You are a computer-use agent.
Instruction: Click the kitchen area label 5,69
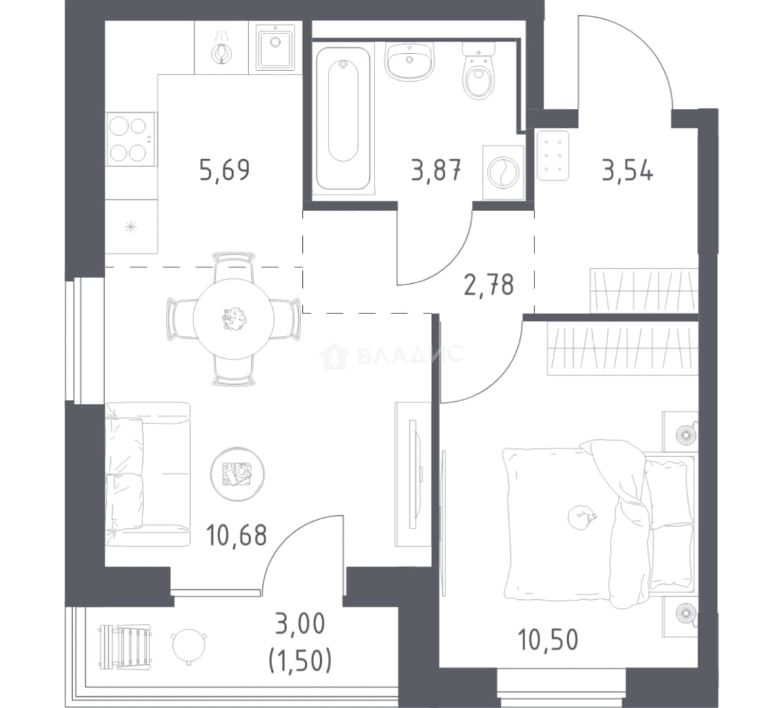click(x=224, y=170)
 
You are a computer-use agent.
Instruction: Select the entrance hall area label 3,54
click(x=627, y=170)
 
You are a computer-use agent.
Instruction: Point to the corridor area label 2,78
click(x=489, y=285)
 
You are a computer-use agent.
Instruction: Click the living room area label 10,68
click(x=237, y=535)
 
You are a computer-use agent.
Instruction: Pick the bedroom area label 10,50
click(x=548, y=640)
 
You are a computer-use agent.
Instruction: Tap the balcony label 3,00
click(x=300, y=624)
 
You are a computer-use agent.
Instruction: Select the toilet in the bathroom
click(x=478, y=70)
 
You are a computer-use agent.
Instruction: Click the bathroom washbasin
click(x=409, y=61)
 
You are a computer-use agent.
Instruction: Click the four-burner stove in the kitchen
click(x=131, y=139)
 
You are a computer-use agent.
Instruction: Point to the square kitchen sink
click(x=275, y=47)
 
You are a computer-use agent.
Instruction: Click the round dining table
click(x=233, y=319)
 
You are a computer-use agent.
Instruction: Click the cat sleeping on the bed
click(x=581, y=516)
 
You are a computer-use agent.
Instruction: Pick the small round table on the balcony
click(x=189, y=646)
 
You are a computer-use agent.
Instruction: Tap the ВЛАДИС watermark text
click(x=391, y=355)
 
